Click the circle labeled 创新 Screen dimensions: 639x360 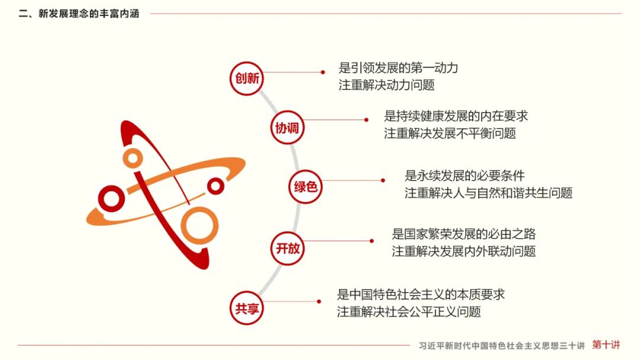247,78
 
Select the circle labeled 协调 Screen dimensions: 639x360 287,127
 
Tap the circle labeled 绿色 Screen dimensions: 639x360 306,187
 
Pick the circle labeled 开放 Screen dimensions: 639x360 288,248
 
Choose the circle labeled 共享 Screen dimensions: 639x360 247,308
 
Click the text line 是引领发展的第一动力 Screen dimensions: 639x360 398,68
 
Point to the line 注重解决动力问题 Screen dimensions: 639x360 386,85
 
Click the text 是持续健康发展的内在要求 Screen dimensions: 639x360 456,116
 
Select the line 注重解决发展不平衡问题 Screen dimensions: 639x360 450,133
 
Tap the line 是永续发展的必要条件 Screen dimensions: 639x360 464,176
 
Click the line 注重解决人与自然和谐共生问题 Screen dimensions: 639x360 488,193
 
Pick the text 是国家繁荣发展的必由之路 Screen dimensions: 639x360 463,234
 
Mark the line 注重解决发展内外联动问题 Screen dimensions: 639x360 463,251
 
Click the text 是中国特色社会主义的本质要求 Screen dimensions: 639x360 421,294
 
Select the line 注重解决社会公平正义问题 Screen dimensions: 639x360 409,311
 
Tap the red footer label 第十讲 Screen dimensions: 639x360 606,345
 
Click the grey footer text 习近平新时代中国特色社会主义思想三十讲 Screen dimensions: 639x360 501,345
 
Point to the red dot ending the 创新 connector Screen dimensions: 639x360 323,72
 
